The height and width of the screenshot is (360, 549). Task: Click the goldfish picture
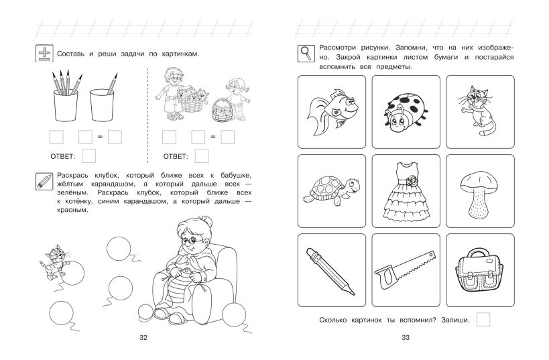pyautogui.click(x=332, y=112)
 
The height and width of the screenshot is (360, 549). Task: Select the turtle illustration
pyautogui.click(x=331, y=190)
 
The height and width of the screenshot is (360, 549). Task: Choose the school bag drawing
pyautogui.click(x=479, y=270)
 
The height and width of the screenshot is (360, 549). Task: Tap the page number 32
pyautogui.click(x=143, y=338)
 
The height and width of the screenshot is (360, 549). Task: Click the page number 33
pyautogui.click(x=406, y=338)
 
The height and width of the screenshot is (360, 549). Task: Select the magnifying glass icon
pyautogui.click(x=306, y=54)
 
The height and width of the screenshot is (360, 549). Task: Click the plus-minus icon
pyautogui.click(x=44, y=54)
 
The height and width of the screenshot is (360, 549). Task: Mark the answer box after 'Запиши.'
pyautogui.click(x=483, y=319)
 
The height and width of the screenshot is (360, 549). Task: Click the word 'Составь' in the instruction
pyautogui.click(x=71, y=54)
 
